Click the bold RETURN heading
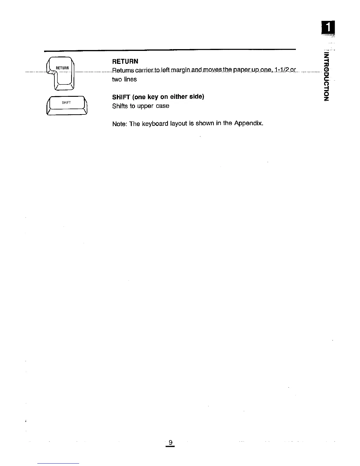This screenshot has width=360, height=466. point(125,61)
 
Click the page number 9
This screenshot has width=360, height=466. point(170,442)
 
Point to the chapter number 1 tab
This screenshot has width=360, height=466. point(328,28)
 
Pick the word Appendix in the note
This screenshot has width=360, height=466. point(248,123)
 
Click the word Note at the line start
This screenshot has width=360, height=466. point(119,124)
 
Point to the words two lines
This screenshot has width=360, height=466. point(124,79)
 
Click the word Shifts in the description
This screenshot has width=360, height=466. point(120,106)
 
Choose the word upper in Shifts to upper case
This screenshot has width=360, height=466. point(145,106)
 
